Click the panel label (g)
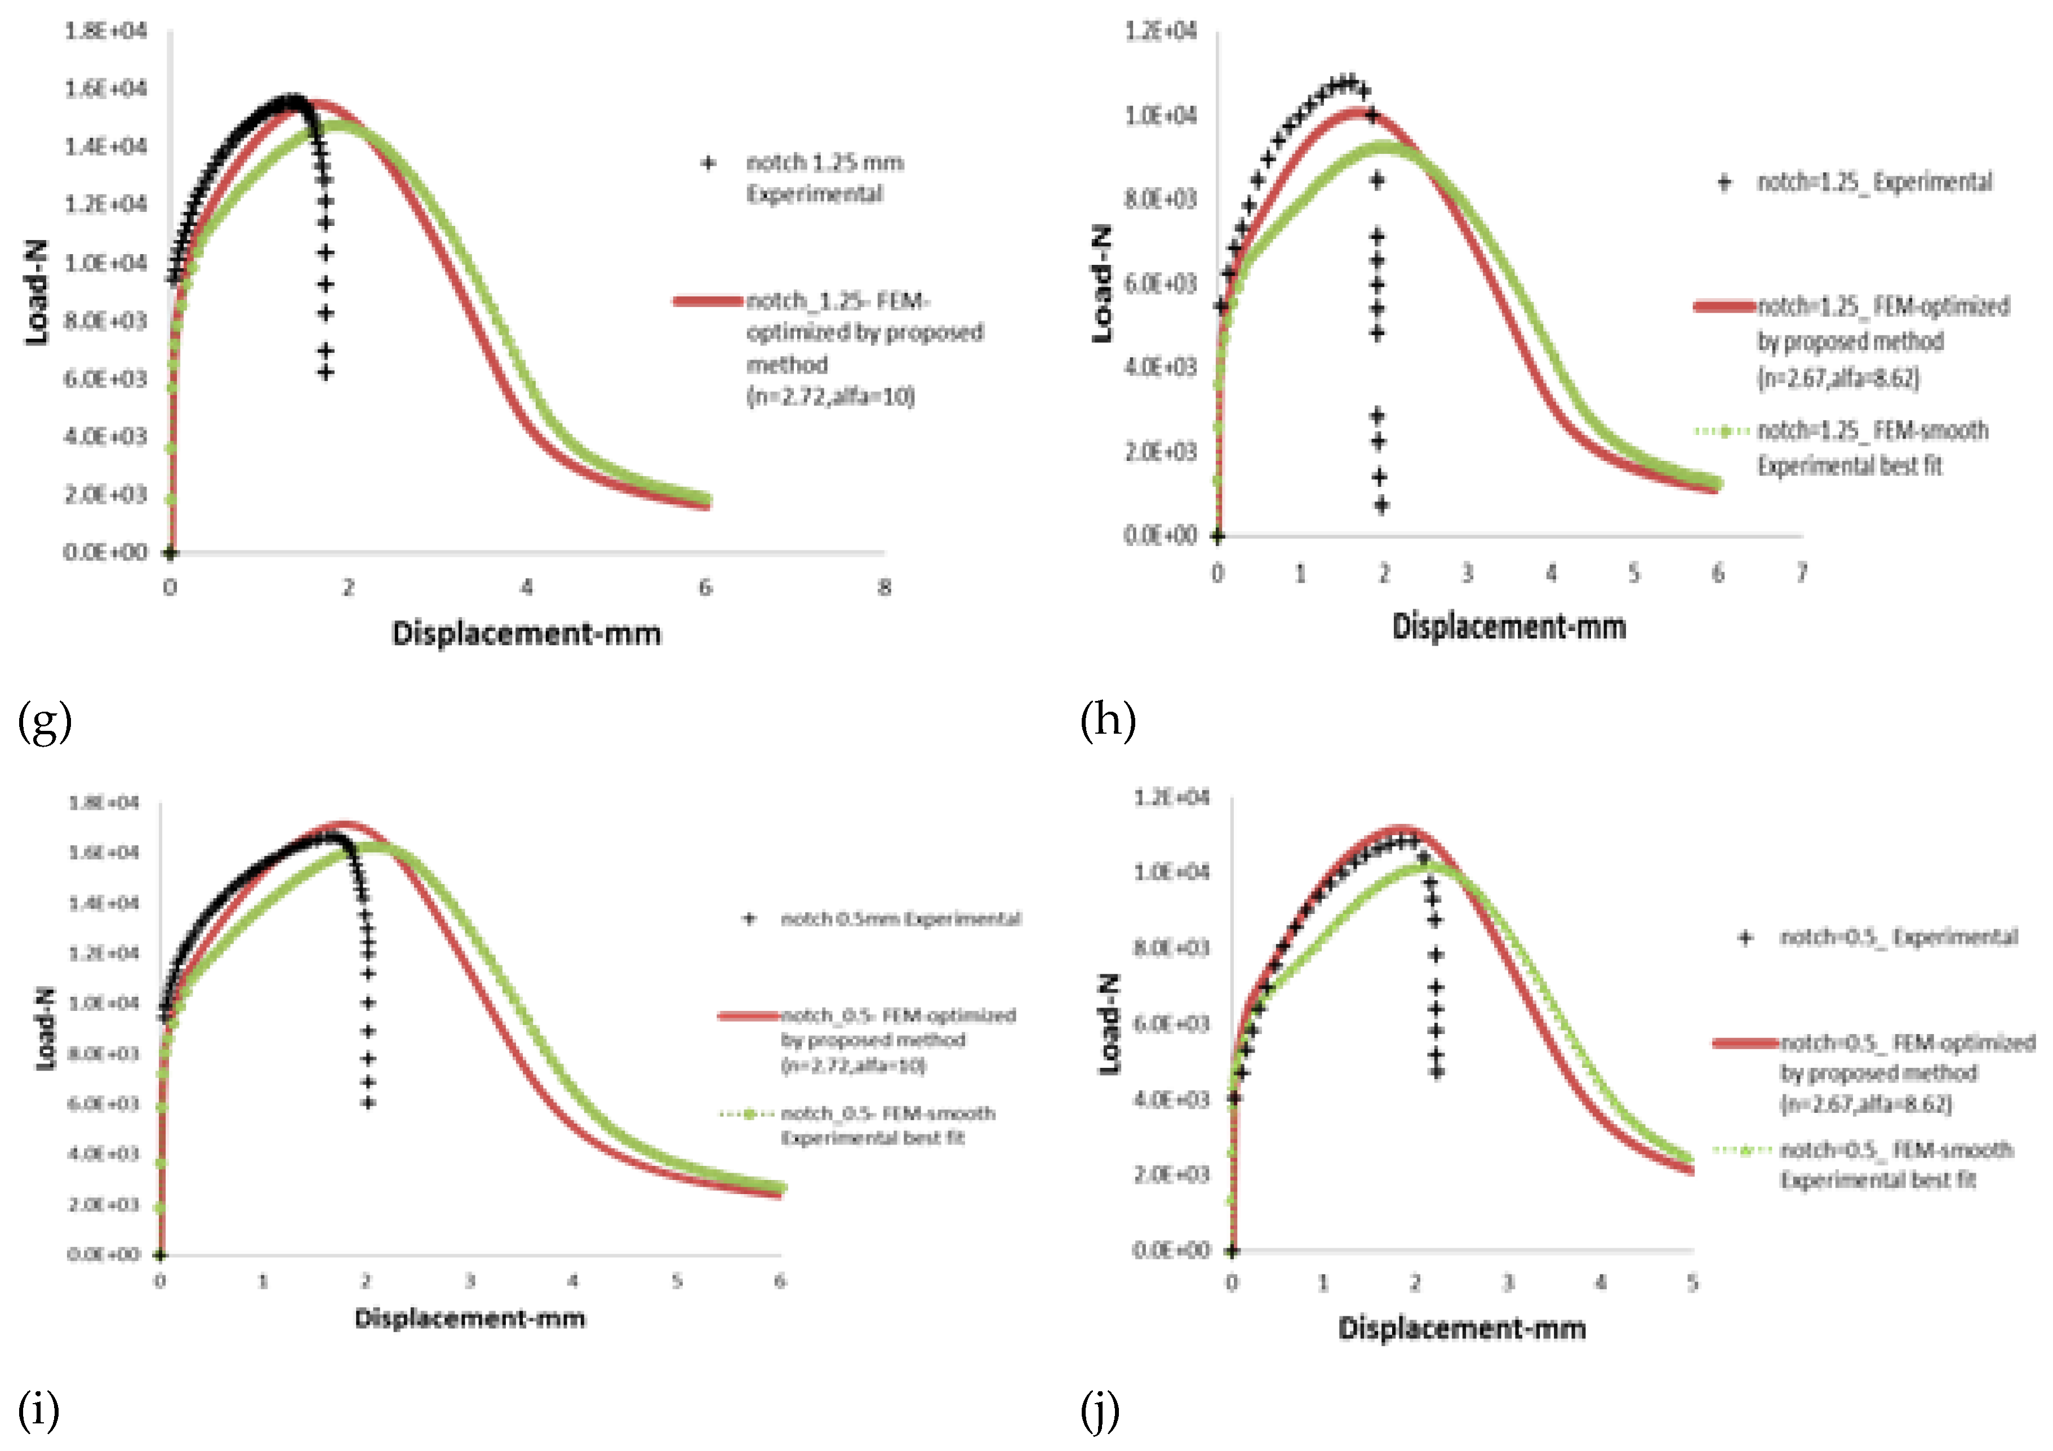click(x=44, y=722)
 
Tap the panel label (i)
click(x=38, y=1411)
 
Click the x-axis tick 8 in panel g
click(x=883, y=588)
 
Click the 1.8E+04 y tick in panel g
click(x=105, y=32)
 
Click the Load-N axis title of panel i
click(x=45, y=1029)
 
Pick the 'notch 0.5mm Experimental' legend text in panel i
click(x=900, y=918)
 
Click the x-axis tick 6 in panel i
click(x=780, y=1281)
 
